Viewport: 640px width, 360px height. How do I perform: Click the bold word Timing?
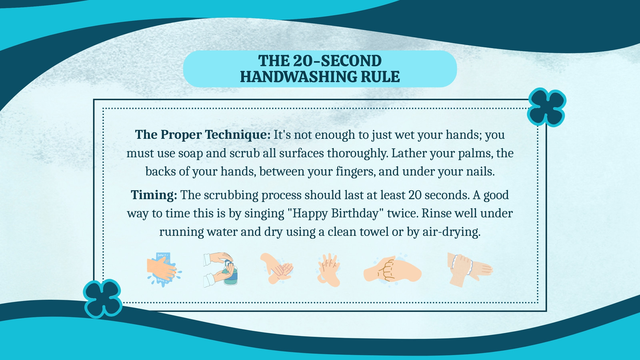click(x=154, y=196)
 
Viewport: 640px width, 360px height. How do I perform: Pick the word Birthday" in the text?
click(x=358, y=214)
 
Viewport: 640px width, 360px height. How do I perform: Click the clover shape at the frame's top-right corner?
click(x=546, y=108)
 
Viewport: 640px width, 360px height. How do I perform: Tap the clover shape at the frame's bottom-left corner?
click(x=102, y=298)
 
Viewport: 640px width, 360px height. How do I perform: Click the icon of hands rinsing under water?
click(x=164, y=270)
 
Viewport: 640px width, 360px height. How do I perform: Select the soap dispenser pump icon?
click(x=220, y=270)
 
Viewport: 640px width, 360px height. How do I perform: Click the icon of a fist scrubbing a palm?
click(x=392, y=270)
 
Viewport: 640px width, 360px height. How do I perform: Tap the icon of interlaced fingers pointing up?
click(x=328, y=270)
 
